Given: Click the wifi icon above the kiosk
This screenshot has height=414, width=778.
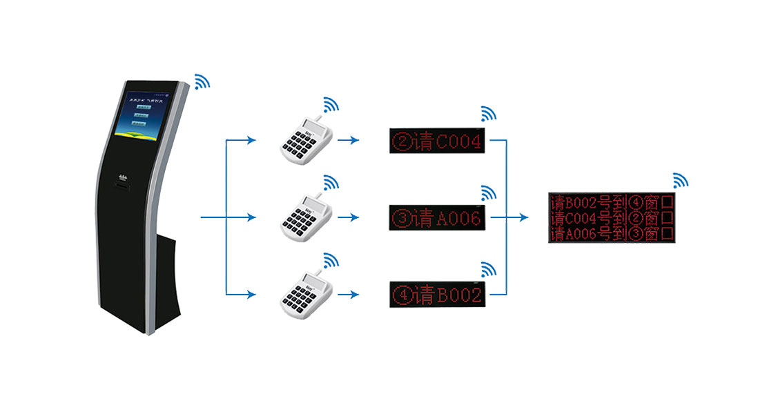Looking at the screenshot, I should point(202,82).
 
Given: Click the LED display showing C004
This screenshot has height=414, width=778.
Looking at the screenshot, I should point(438,141).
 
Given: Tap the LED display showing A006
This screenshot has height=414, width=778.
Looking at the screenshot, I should point(438,218).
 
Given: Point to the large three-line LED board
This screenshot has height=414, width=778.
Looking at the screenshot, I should point(612,217).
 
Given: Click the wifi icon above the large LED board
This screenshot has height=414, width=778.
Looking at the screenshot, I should point(681,180).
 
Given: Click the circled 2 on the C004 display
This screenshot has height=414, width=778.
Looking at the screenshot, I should point(402,142).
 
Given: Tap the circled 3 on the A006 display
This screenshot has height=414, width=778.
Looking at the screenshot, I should point(402,219).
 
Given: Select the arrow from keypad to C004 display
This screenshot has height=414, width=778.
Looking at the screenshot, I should point(353,141).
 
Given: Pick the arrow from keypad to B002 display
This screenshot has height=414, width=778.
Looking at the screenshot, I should point(353,295).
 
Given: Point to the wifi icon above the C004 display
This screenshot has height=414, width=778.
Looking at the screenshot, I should point(489,114).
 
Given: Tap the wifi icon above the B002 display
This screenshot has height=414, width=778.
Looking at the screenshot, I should point(489,268).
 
